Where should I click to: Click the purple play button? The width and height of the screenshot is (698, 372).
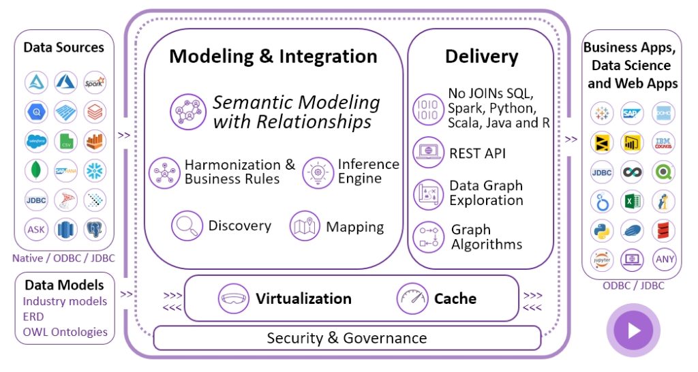633,330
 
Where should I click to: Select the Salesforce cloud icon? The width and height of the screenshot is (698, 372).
36,141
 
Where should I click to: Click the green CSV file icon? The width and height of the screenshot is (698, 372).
66,141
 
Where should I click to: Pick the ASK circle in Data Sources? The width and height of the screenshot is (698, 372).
36,229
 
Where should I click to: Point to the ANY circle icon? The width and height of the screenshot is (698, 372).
664,259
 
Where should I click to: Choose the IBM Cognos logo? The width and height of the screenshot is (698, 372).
664,142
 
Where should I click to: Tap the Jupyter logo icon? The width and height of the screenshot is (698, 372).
602,259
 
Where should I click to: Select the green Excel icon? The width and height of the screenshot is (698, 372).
633,201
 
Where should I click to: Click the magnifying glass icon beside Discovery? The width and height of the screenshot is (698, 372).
186,226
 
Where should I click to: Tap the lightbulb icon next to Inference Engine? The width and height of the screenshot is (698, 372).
317,172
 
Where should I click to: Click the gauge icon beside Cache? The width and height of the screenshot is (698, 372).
412,298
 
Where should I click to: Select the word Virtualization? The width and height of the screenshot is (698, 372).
303,298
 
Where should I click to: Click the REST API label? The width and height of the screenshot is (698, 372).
477,153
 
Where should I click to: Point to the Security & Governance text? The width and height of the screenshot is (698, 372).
346,338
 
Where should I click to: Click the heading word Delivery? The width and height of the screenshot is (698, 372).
481,57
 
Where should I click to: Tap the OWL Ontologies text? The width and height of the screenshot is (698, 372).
65,332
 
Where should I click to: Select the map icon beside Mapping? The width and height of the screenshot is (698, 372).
305,226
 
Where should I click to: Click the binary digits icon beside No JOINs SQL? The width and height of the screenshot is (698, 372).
428,109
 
